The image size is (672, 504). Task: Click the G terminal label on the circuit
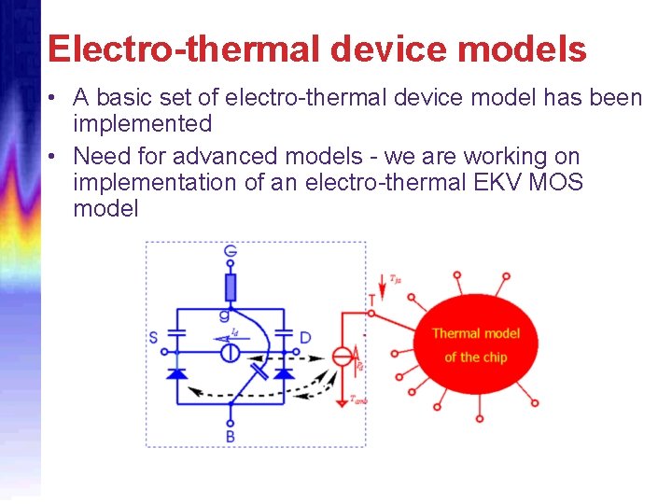coord(231,252)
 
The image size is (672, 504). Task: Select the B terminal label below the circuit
coord(230,435)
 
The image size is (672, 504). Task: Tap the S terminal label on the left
coord(153,336)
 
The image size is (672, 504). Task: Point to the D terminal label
coord(305,336)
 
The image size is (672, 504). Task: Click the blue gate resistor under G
coord(231,286)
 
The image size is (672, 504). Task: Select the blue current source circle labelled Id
coord(230,354)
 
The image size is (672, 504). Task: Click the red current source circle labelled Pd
coord(343,356)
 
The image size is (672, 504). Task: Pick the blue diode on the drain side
coord(284,372)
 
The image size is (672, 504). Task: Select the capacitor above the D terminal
coord(284,335)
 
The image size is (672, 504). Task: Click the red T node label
coord(372,300)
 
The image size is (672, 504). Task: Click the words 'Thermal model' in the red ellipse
coord(476,333)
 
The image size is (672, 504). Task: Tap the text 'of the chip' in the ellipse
coord(476,357)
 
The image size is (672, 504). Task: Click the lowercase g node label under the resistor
coord(224,315)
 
